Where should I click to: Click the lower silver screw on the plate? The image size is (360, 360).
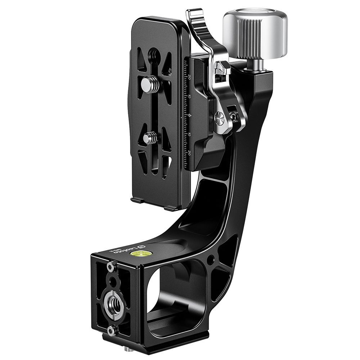pyautogui.click(x=149, y=137)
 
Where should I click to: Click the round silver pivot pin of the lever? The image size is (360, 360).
pyautogui.click(x=219, y=117)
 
